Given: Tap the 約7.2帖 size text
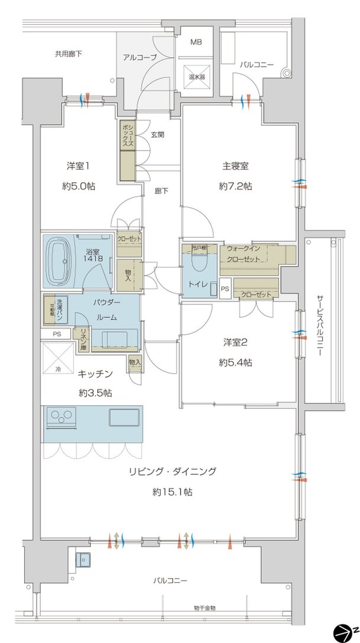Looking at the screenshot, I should pos(235,186).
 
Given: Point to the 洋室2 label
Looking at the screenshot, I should pos(235,343).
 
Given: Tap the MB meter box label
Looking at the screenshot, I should pos(196,42).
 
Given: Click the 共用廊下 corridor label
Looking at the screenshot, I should pos(68,54).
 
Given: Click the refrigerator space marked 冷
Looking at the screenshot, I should pos(58,359).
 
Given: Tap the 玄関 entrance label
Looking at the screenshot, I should pos(157,134).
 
